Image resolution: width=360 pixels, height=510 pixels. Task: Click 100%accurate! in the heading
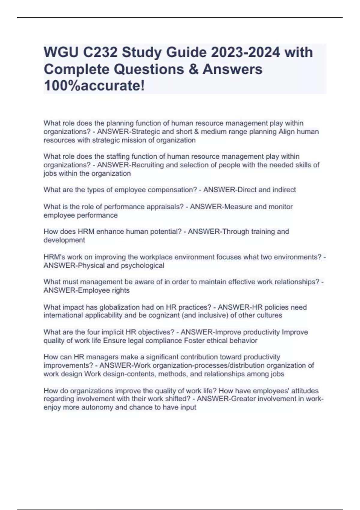click(94, 86)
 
